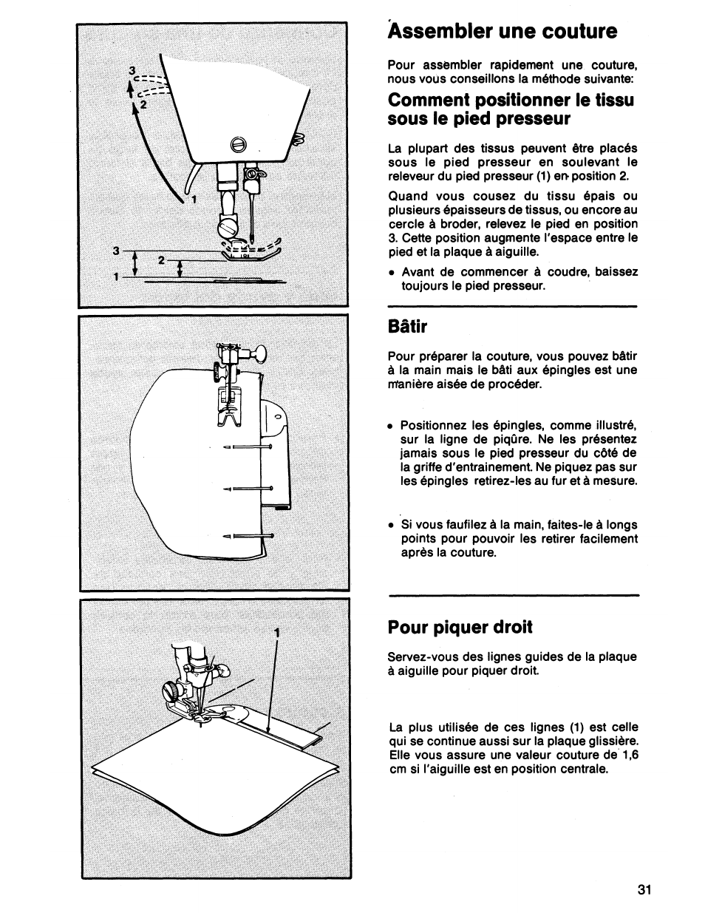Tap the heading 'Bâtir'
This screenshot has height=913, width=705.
[406, 326]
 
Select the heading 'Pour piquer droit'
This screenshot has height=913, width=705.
[460, 628]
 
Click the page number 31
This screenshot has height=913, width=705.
[643, 890]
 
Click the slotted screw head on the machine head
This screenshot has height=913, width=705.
[237, 145]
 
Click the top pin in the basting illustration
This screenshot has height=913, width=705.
[248, 447]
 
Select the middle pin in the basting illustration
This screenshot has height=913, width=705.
[248, 489]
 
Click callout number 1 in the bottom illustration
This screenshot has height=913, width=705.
[276, 633]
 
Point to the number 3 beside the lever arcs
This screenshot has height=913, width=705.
[132, 70]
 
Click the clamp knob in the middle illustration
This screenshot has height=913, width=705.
[259, 355]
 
